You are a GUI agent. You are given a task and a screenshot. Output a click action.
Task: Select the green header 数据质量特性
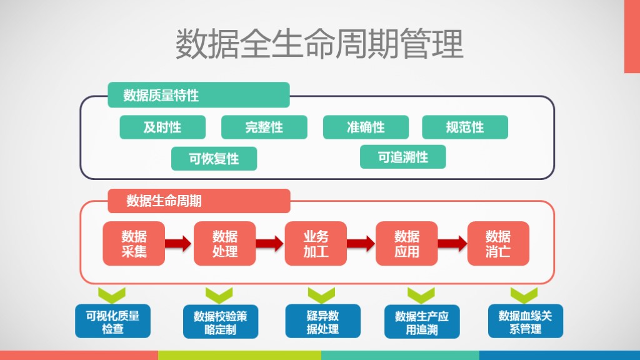pos(199,95)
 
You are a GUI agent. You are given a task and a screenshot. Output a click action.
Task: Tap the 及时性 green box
pos(162,127)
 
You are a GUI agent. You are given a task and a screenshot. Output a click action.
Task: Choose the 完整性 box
pos(264,127)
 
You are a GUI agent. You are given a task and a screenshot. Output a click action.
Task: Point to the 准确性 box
pos(366,127)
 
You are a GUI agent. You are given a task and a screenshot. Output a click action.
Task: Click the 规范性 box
pos(465,127)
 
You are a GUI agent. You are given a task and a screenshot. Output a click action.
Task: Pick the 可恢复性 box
pos(214,158)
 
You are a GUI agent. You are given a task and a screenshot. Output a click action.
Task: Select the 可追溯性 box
pos(403,157)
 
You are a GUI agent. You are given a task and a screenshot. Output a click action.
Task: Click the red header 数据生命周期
pos(199,201)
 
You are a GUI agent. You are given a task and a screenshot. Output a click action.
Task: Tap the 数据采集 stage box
pos(134,244)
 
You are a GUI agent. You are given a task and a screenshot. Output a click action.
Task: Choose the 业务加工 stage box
pos(316,244)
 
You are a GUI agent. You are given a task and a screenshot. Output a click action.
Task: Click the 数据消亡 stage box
pos(498,244)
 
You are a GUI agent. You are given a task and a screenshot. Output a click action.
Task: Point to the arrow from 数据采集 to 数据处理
pos(178,243)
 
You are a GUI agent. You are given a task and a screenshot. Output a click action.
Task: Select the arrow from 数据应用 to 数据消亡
pos(452,243)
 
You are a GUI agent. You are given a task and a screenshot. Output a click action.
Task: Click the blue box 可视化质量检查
pos(112,321)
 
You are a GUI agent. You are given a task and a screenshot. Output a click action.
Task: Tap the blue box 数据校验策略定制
pos(221,322)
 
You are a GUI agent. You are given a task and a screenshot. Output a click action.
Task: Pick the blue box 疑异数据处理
pos(323,321)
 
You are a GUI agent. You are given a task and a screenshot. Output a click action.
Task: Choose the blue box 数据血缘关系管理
pos(526,321)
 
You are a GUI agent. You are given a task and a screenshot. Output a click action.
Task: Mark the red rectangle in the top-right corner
pos(632,36)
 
